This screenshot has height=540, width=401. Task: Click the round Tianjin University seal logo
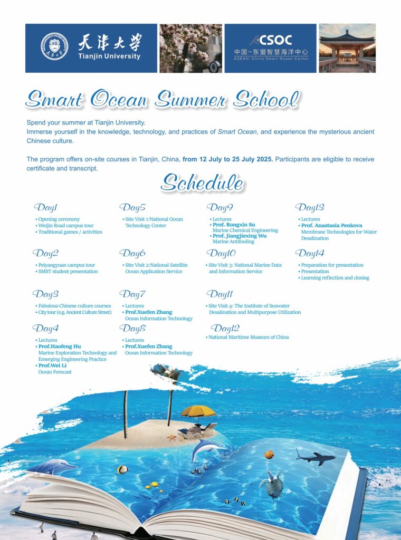[54, 46]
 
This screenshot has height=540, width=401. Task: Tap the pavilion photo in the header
[347, 48]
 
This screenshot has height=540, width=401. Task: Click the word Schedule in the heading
[202, 183]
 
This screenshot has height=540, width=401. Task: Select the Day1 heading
[46, 207]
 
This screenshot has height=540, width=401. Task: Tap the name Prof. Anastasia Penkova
[332, 226]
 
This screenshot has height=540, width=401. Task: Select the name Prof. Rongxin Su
[234, 225]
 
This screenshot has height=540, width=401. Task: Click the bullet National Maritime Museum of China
[249, 337]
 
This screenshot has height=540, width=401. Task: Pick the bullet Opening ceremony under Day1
[59, 219]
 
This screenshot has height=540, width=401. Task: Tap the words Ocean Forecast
[55, 372]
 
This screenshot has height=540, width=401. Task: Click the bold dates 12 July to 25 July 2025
[228, 159]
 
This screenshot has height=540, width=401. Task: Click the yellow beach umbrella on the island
[198, 411]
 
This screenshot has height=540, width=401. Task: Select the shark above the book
[315, 457]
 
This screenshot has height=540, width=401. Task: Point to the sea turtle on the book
[272, 483]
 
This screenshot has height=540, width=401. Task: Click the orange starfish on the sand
[171, 437]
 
